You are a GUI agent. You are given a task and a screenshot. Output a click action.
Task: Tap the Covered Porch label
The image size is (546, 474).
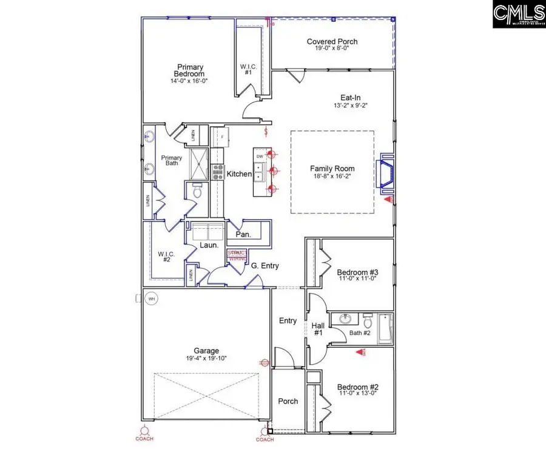tap(332, 42)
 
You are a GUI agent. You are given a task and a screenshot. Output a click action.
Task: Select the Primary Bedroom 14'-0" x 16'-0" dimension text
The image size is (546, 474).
tap(189, 81)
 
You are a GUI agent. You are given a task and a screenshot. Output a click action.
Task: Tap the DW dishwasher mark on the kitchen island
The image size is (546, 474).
tap(260, 156)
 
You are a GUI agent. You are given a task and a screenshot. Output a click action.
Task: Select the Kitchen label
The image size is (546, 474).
tap(239, 174)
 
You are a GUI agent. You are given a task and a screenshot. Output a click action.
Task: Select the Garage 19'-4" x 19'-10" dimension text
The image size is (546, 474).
tap(207, 359)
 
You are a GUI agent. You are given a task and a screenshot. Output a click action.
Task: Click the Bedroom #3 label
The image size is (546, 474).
tap(357, 272)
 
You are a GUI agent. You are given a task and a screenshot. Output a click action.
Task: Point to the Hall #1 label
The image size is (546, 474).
tap(318, 330)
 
